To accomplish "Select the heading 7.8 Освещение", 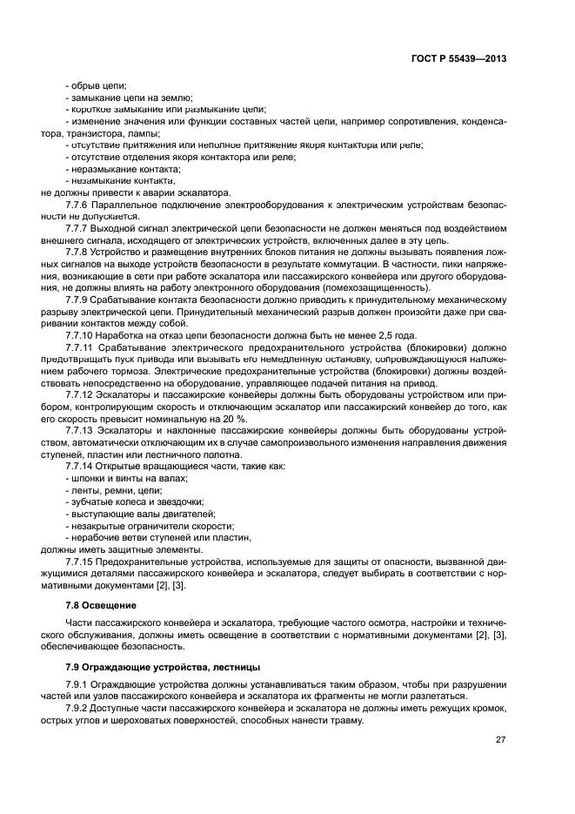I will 102,604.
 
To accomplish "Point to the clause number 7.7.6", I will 78,204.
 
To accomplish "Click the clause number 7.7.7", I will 78,227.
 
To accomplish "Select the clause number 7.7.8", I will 78,251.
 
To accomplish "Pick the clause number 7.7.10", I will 81,333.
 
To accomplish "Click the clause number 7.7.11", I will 81,346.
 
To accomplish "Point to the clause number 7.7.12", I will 81,394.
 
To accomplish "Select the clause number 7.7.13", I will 81,429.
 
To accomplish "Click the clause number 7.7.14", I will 81,466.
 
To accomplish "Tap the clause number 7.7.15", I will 81,562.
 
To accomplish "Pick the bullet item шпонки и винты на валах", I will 130,478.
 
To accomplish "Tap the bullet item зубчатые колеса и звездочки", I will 137,501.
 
